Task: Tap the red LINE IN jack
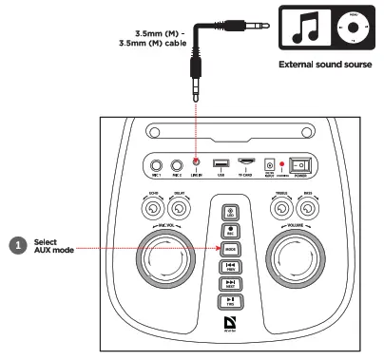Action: point(196,163)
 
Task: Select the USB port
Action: point(220,163)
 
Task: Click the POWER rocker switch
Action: point(301,164)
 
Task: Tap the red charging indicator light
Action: point(282,165)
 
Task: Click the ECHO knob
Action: point(156,200)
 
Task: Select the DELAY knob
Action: point(182,200)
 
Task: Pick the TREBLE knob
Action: point(282,200)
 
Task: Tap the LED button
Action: point(231,214)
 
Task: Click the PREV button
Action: point(231,267)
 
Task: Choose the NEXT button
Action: point(231,284)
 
